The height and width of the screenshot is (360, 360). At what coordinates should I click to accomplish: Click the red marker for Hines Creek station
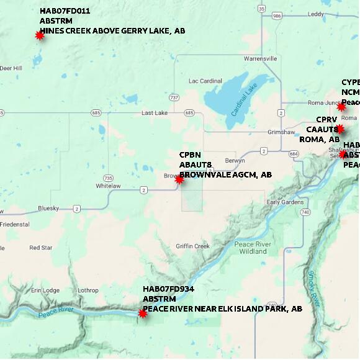pyautogui.click(x=40, y=35)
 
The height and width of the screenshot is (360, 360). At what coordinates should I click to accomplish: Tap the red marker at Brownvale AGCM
pyautogui.click(x=179, y=179)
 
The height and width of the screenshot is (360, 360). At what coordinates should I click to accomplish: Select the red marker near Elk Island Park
pyautogui.click(x=143, y=313)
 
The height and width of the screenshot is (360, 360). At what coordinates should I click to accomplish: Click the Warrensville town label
pyautogui.click(x=261, y=58)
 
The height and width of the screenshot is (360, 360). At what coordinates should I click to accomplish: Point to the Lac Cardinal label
pyautogui.click(x=205, y=81)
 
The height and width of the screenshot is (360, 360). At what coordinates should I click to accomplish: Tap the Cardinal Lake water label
pyautogui.click(x=244, y=100)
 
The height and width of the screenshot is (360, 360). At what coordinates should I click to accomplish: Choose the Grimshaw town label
pyautogui.click(x=281, y=132)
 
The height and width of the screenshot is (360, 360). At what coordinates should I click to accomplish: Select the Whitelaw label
pyautogui.click(x=108, y=186)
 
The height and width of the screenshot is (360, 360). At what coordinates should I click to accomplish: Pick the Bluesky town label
pyautogui.click(x=48, y=208)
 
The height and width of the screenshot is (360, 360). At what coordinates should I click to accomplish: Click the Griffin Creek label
pyautogui.click(x=192, y=246)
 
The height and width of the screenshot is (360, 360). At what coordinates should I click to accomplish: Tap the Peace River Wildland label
pyautogui.click(x=251, y=248)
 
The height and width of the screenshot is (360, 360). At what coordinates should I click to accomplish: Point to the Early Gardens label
pyautogui.click(x=285, y=202)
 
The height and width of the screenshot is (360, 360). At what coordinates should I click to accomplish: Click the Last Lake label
pyautogui.click(x=155, y=113)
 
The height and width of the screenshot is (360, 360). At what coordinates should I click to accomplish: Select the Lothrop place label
pyautogui.click(x=88, y=290)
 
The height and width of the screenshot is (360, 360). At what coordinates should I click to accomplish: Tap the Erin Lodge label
pyautogui.click(x=45, y=290)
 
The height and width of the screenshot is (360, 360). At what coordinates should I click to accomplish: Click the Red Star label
pyautogui.click(x=41, y=248)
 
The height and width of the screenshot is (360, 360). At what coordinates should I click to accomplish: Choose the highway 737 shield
pyautogui.click(x=174, y=97)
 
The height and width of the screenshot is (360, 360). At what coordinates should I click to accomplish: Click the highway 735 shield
pyautogui.click(x=109, y=178)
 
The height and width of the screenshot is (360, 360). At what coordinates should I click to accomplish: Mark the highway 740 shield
pyautogui.click(x=305, y=212)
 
